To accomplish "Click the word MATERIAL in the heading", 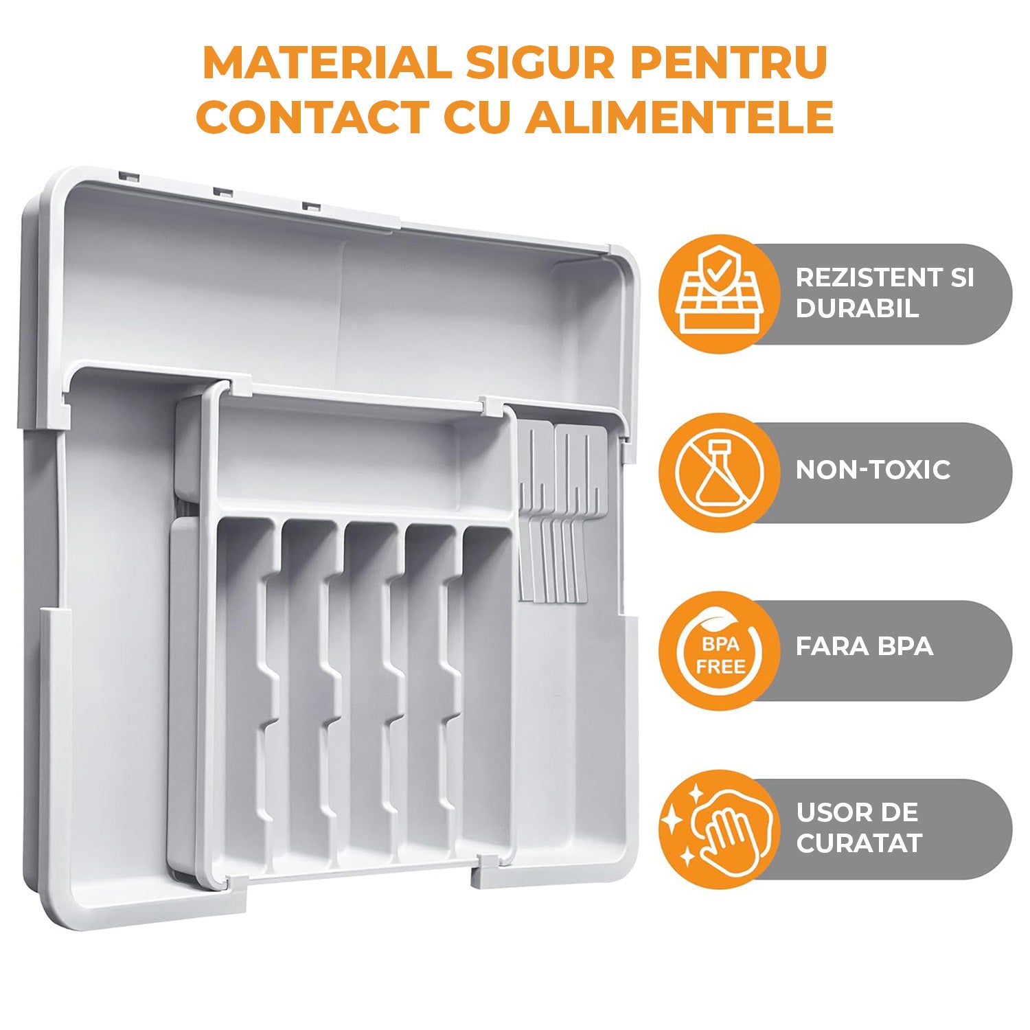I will pos(326,63).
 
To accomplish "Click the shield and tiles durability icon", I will pos(718,294).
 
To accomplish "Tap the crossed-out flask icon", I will pos(718,472).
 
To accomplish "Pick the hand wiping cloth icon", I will pos(718,829).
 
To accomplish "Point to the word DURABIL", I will pos(857,308).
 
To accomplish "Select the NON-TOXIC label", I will pos(873,470).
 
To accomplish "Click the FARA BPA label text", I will pos(864,647).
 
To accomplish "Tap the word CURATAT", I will pos(858,843).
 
